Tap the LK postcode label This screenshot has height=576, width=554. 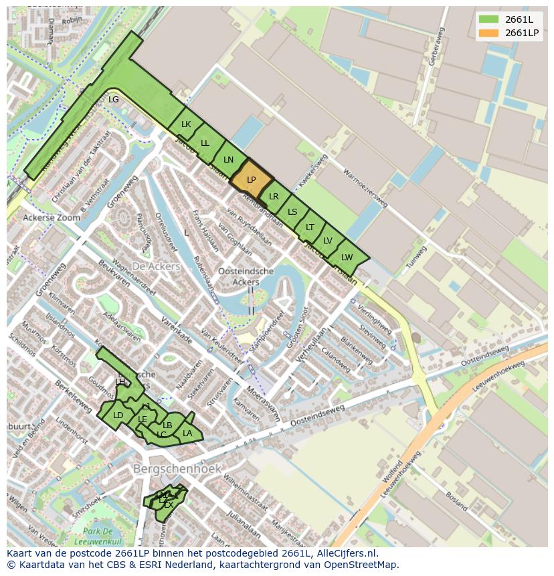click(186, 124)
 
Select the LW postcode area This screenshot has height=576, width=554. click(347, 257)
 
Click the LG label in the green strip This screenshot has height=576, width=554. click(114, 100)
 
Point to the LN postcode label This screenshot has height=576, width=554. click(229, 159)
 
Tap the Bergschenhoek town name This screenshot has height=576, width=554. click(177, 468)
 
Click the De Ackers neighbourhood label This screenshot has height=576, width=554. click(156, 266)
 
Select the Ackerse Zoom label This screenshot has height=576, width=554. click(52, 218)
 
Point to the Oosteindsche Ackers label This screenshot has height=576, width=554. click(246, 276)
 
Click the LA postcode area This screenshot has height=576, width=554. click(188, 434)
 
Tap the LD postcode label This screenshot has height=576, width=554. click(118, 415)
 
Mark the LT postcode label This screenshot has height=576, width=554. click(310, 227)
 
